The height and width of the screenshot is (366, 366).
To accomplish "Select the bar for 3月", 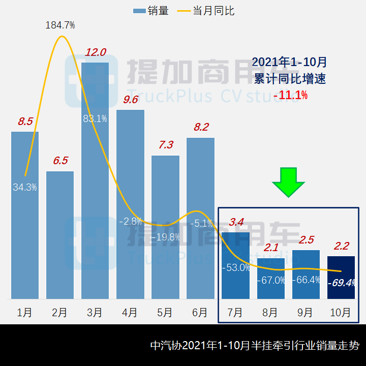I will (x=95, y=203).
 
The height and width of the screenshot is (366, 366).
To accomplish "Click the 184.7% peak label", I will (x=60, y=25).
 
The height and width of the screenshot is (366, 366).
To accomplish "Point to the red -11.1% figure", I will (x=290, y=95).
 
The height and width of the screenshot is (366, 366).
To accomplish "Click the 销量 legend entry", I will (x=151, y=11).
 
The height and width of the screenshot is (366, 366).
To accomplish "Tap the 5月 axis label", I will (x=165, y=313).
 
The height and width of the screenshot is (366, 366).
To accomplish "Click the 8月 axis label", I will (x=270, y=313).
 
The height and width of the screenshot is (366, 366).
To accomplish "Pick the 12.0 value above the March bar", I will (x=95, y=52).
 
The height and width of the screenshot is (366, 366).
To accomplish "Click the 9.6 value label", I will (x=131, y=99).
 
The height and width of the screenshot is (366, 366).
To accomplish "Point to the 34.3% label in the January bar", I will (x=25, y=187).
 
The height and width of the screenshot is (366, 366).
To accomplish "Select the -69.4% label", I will (x=342, y=283).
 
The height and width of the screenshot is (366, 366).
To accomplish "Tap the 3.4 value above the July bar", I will (x=236, y=222).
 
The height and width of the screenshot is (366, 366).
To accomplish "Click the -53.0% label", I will (x=236, y=267).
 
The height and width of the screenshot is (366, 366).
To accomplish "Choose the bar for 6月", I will (x=200, y=219).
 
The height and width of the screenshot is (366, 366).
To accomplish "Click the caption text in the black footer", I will (x=255, y=346).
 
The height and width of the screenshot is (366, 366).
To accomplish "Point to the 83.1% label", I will (x=95, y=119).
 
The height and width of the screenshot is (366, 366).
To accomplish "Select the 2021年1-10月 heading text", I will (x=290, y=63).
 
